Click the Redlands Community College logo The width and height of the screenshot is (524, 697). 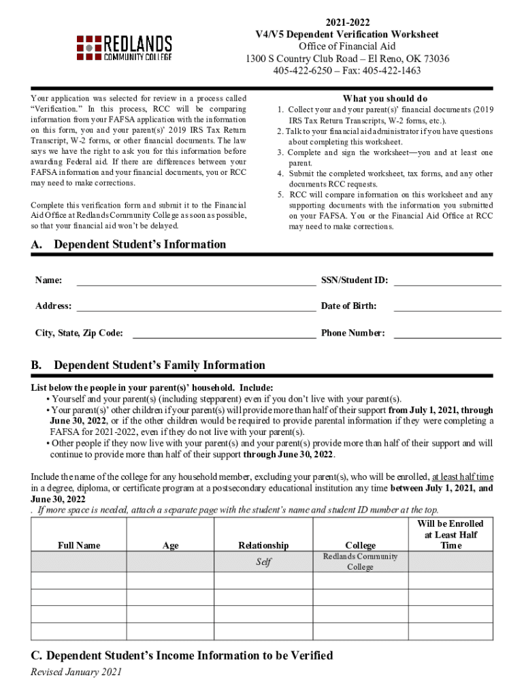click(124, 48)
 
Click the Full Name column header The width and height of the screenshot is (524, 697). click(79, 545)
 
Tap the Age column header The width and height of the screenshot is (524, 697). click(171, 545)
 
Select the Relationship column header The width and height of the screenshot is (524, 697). click(263, 545)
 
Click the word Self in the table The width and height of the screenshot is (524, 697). click(263, 562)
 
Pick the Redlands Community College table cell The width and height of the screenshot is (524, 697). click(360, 562)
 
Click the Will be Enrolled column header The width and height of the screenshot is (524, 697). click(450, 534)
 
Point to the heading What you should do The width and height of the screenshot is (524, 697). click(385, 99)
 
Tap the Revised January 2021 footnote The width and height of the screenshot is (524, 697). click(76, 672)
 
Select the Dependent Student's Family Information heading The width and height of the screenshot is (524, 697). click(159, 366)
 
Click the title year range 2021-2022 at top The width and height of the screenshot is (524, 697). click(347, 22)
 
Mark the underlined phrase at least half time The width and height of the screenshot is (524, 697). click(463, 476)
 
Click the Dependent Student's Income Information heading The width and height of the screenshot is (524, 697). click(182, 655)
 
